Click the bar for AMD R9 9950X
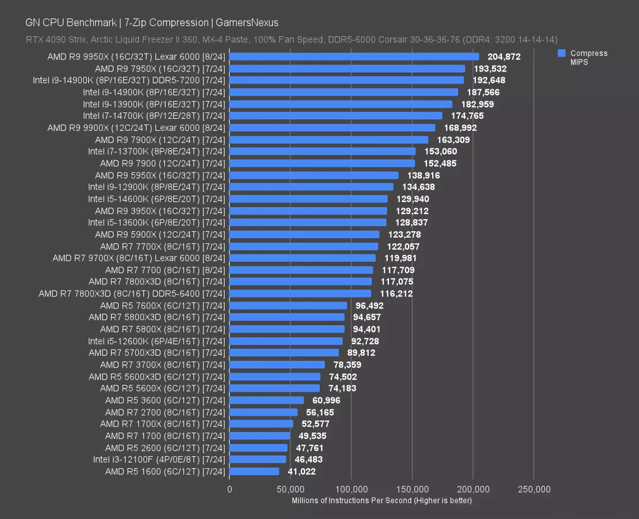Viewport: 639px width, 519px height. coord(354,57)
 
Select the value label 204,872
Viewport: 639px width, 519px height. coord(504,57)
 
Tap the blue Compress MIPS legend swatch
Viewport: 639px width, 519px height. coord(561,53)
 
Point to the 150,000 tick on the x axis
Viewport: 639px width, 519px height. coord(412,490)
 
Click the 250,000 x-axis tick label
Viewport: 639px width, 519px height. coord(534,490)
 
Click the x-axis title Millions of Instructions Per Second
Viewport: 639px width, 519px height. coord(381,500)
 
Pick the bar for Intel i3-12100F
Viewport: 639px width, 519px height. coord(258,460)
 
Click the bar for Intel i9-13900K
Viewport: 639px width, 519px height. coord(341,104)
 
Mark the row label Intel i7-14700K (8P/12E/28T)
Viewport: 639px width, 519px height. coord(154,116)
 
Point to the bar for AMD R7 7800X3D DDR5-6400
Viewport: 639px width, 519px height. coord(300,294)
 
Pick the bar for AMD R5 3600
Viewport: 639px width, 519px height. coord(266,400)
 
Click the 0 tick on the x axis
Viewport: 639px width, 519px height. coord(229,490)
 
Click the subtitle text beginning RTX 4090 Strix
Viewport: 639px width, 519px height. coord(291,39)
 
